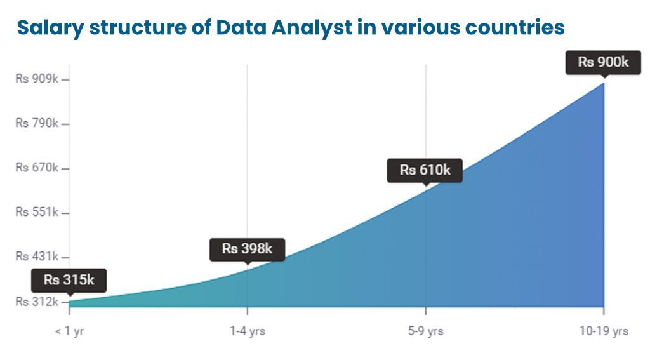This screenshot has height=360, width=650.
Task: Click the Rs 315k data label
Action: pyautogui.click(x=69, y=280)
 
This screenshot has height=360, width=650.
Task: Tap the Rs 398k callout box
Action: pyautogui.click(x=247, y=249)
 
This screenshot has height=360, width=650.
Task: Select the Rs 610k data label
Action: pyautogui.click(x=425, y=170)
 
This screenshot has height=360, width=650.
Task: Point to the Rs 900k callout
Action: pyautogui.click(x=603, y=62)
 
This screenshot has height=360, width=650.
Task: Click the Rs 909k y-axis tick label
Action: pyautogui.click(x=37, y=79)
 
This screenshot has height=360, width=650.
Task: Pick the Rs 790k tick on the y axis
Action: pyautogui.click(x=37, y=123)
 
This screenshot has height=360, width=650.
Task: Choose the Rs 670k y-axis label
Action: pyautogui.click(x=37, y=168)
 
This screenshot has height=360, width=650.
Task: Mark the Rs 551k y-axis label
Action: pyautogui.click(x=37, y=212)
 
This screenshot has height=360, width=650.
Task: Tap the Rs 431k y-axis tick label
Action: pyautogui.click(x=37, y=257)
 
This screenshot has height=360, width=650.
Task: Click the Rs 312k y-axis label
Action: pyautogui.click(x=37, y=301)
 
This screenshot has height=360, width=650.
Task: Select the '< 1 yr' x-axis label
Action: pyautogui.click(x=69, y=332)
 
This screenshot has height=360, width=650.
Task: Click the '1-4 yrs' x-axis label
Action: pyautogui.click(x=247, y=332)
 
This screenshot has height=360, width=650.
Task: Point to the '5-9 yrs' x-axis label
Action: pyautogui.click(x=425, y=332)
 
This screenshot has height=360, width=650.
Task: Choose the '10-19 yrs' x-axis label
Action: pyautogui.click(x=603, y=332)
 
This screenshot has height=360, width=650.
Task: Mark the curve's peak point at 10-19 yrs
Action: pyautogui.click(x=603, y=82)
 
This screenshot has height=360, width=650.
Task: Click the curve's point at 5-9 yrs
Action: pyautogui.click(x=425, y=187)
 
